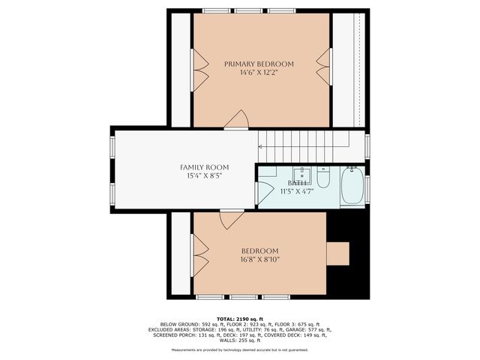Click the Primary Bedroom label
[259, 64]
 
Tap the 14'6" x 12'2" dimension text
[259, 73]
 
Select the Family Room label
[204, 166]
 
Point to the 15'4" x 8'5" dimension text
[204, 176]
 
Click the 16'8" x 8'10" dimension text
[259, 260]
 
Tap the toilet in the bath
[323, 178]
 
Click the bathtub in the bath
[352, 187]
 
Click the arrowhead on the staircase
[261, 145]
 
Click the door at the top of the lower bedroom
[230, 219]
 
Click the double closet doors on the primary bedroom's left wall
[200, 69]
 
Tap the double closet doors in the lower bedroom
[199, 256]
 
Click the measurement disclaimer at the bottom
[239, 349]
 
